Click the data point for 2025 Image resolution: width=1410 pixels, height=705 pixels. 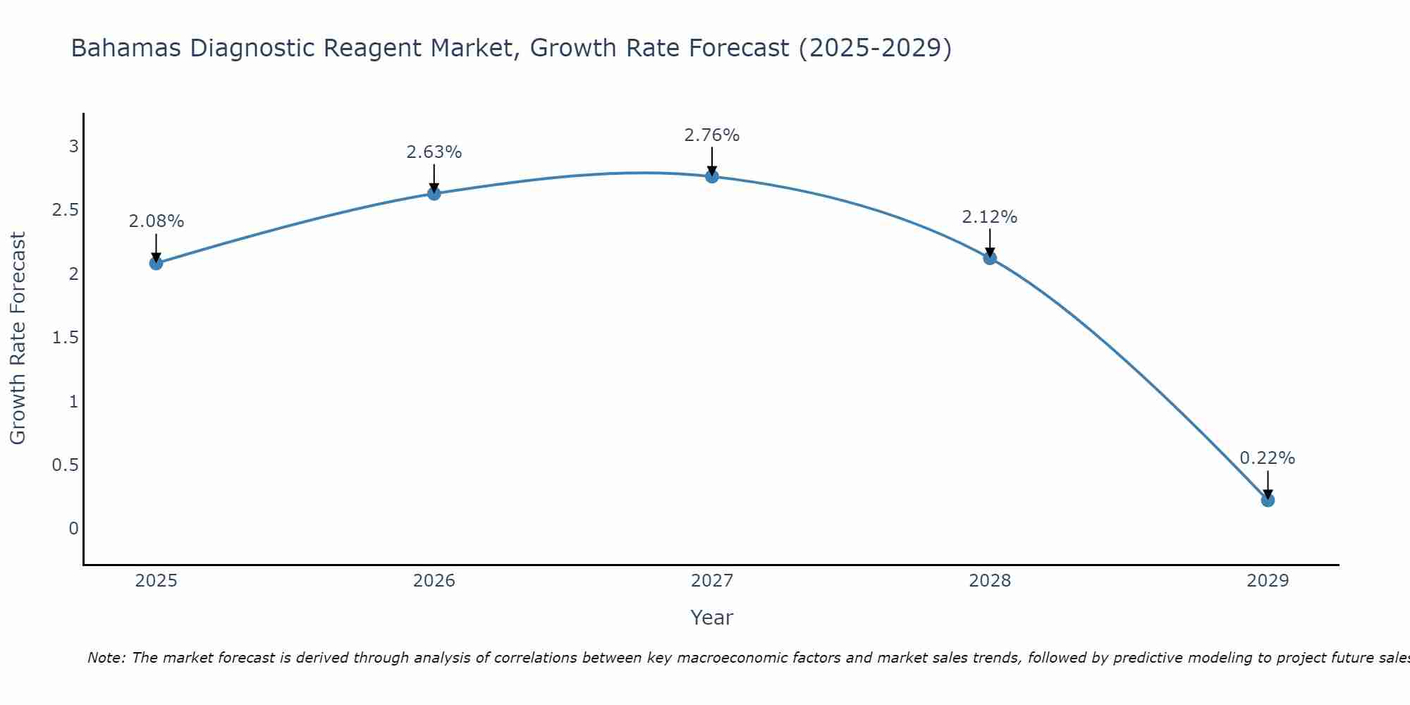[156, 264]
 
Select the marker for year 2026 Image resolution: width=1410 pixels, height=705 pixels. [434, 193]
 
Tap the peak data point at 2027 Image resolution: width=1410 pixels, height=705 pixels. [712, 176]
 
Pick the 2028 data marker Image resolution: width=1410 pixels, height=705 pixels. [990, 258]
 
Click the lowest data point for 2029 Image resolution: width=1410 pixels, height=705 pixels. [1268, 500]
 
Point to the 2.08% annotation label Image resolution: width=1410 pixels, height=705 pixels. [156, 221]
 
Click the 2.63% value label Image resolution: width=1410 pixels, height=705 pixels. [434, 152]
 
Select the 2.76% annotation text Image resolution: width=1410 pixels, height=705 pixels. [712, 135]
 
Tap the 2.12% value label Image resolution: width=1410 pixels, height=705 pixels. [990, 217]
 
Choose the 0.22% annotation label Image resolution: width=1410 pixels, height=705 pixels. [1268, 458]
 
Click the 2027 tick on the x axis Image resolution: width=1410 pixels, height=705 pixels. [712, 581]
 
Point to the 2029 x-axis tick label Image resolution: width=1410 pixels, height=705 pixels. [1268, 581]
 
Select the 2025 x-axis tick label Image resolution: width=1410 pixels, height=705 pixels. [156, 581]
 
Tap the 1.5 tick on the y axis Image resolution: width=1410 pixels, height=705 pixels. [65, 338]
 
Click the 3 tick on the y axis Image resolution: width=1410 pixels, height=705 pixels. [73, 147]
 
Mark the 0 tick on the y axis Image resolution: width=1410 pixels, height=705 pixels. [73, 529]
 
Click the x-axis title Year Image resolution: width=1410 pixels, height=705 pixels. [712, 618]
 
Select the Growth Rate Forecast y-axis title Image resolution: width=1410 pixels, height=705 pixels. [18, 338]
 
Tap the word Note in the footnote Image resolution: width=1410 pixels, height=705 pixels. [106, 658]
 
